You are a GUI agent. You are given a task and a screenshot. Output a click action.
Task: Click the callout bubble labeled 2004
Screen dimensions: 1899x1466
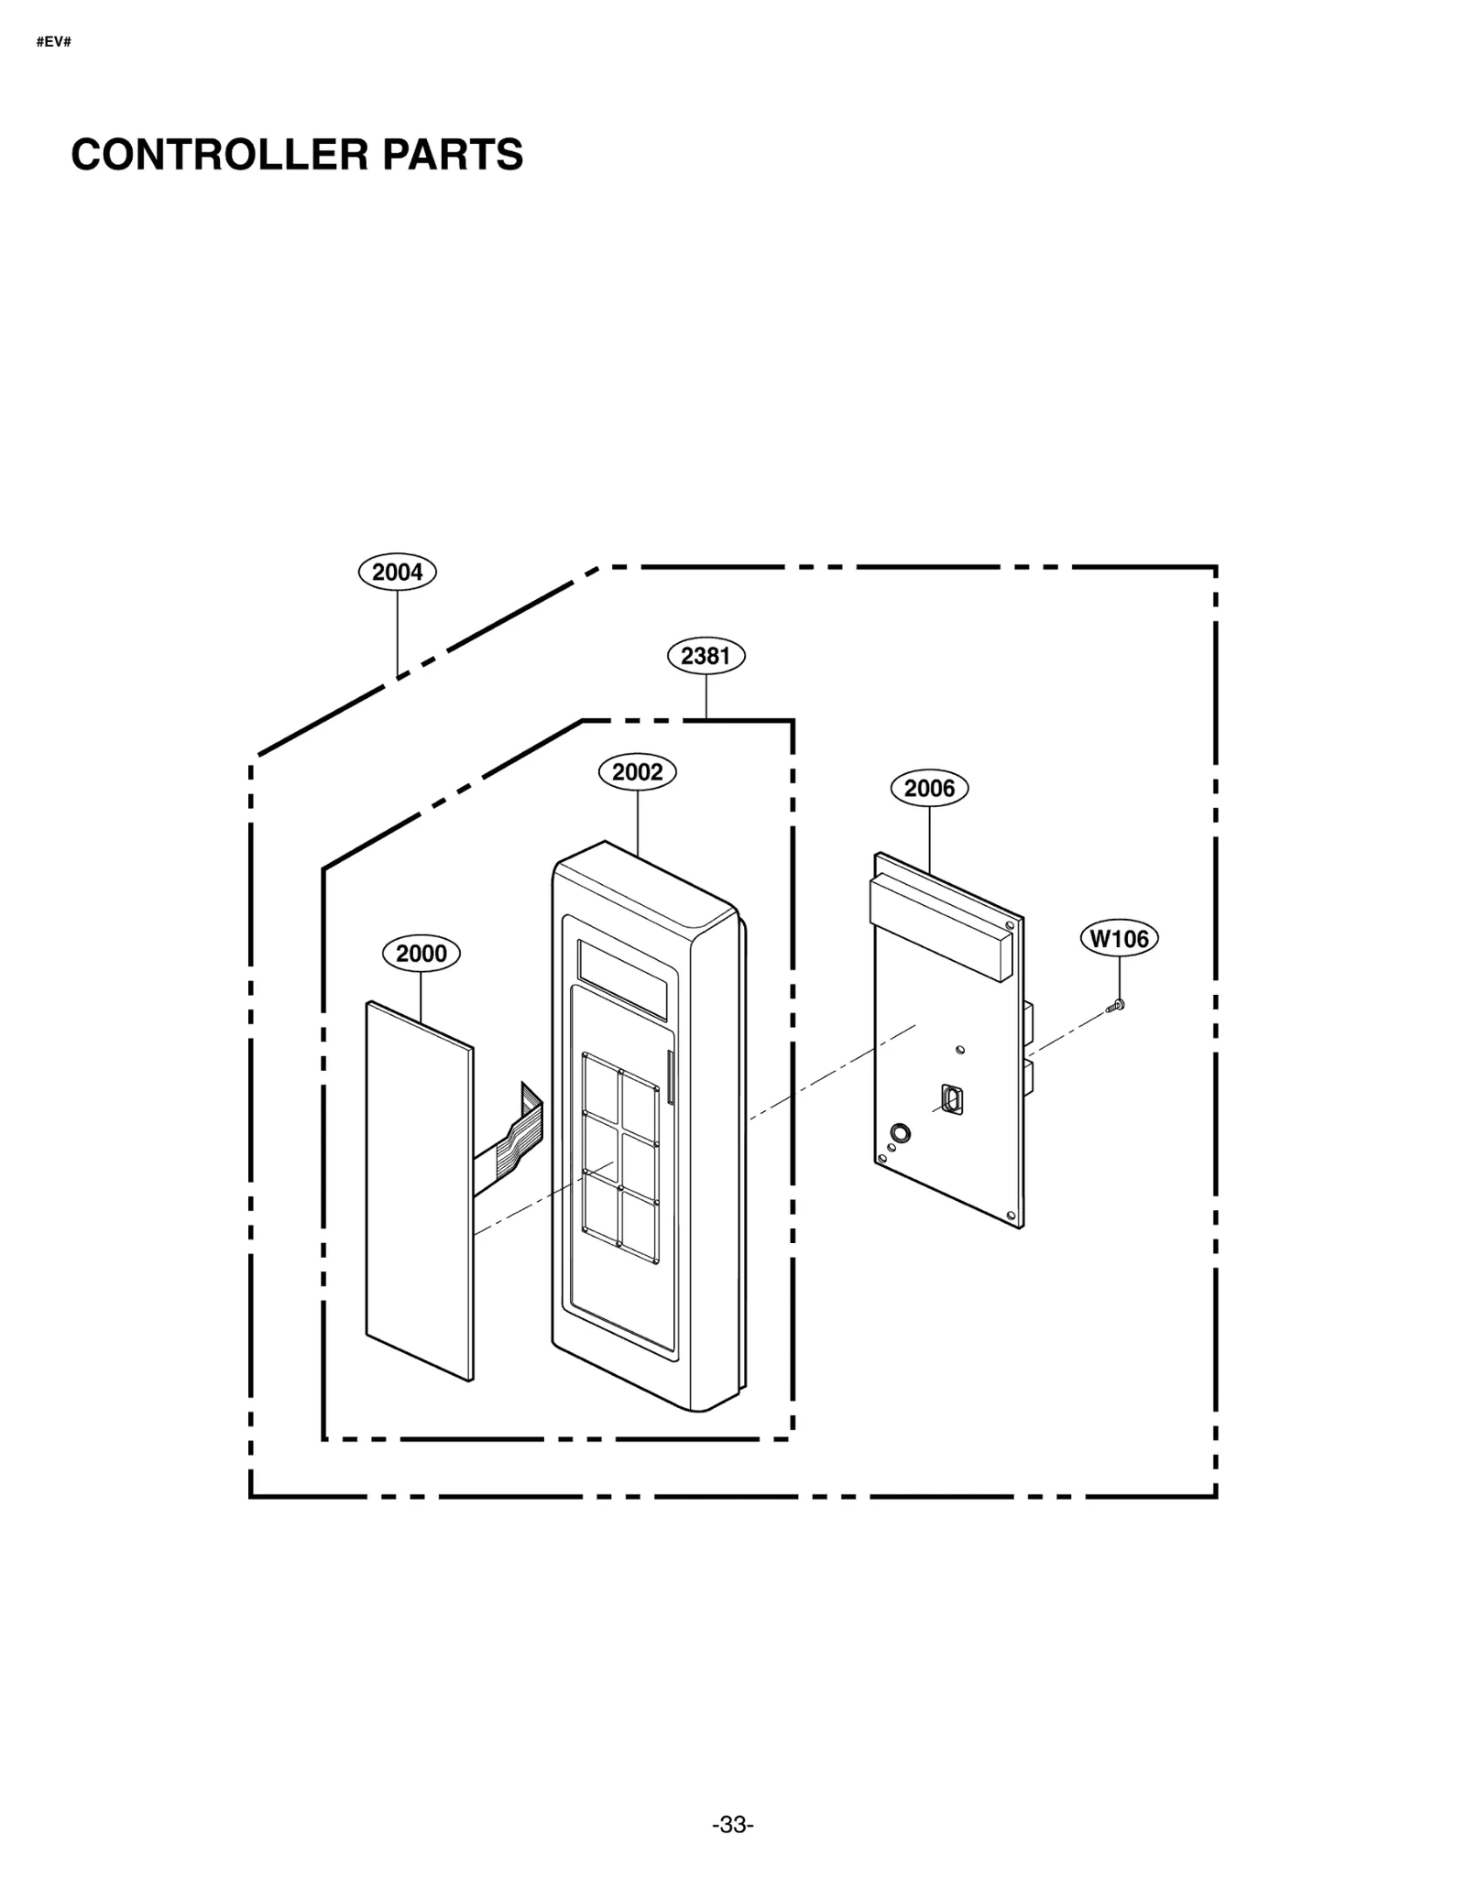pos(397,572)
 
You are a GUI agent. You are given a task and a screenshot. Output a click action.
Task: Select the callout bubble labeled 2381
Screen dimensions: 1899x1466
pos(706,655)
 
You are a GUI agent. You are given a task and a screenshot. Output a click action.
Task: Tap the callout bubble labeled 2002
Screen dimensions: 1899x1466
pos(637,771)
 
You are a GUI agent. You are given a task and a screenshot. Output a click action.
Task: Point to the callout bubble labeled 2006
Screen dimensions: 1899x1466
pos(929,788)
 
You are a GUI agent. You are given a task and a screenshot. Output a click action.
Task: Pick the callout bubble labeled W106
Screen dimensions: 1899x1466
pos(1119,938)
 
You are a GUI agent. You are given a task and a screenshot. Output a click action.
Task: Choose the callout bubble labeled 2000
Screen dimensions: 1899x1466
pos(421,953)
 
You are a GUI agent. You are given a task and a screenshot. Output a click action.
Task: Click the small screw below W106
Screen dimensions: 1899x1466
pos(1116,1006)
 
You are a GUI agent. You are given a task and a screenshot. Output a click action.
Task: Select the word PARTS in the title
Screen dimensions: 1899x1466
pos(453,154)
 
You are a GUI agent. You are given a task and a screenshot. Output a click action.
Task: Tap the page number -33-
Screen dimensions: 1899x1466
pos(732,1825)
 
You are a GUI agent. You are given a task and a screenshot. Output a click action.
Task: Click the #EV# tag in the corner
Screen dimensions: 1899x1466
pos(53,42)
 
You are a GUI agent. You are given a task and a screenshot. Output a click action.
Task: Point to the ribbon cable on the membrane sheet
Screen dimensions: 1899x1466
pos(513,1136)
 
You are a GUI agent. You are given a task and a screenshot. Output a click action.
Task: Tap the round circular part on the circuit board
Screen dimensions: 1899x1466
pos(900,1133)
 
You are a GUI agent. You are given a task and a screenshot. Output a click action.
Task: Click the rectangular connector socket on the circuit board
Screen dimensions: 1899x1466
pos(951,1098)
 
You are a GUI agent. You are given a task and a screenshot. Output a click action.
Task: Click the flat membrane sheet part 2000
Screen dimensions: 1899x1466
pos(419,1191)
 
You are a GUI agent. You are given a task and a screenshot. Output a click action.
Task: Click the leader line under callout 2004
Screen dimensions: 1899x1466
pos(397,632)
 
